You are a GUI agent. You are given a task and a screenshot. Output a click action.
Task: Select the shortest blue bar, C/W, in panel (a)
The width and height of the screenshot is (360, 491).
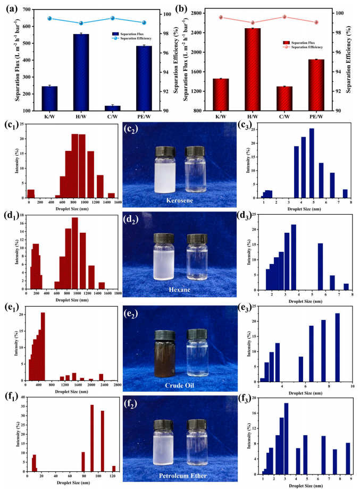pyautogui.click(x=113, y=108)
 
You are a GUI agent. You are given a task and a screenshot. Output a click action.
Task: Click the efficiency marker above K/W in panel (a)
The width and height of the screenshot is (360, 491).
pyautogui.click(x=50, y=19)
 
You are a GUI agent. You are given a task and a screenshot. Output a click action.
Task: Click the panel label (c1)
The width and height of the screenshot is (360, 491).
pyautogui.click(x=11, y=126)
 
